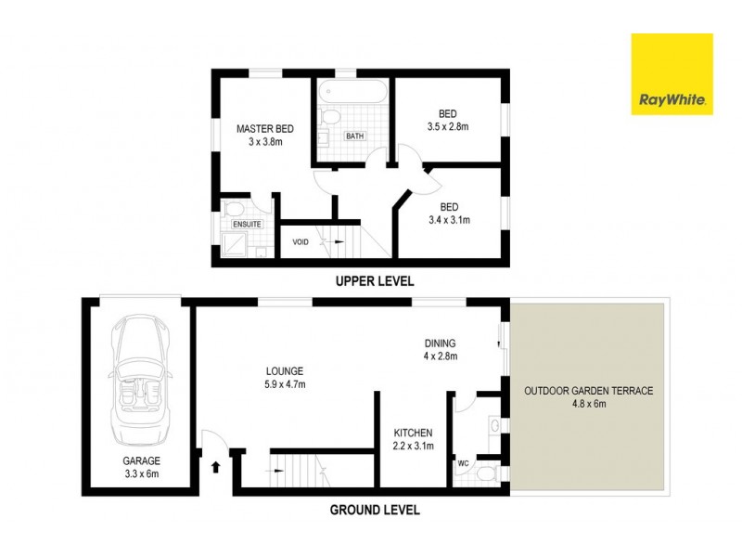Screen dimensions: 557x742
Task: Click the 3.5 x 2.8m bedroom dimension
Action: point(449,126)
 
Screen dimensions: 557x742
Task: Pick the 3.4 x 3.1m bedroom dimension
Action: point(449,220)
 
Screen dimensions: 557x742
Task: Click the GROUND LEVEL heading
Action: point(376,510)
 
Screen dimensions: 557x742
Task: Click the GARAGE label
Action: point(142,460)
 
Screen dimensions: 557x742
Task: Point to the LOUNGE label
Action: point(285,371)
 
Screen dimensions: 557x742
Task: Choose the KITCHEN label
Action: point(414,434)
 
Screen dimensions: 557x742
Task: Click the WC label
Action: point(463,461)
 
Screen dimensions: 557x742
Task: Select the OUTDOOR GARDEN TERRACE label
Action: point(588,391)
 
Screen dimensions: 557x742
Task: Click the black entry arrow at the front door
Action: point(216,467)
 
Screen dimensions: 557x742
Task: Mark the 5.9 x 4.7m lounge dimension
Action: point(285,384)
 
